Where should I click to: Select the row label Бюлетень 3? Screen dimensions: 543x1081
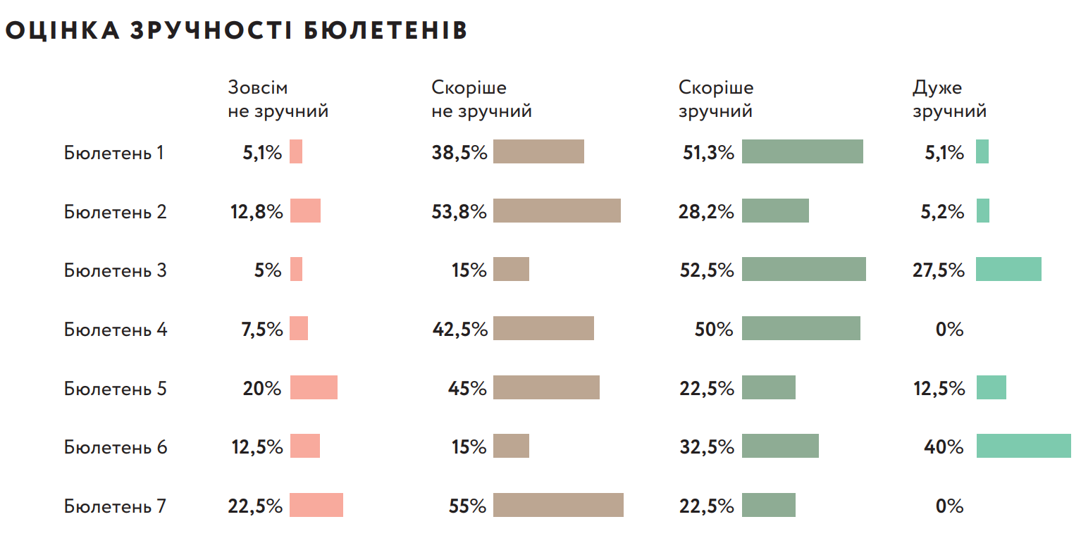pyautogui.click(x=116, y=270)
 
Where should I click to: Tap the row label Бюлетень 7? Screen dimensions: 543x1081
pyautogui.click(x=116, y=506)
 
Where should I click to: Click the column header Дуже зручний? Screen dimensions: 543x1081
pyautogui.click(x=949, y=100)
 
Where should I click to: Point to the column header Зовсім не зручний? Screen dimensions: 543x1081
pyautogui.click(x=278, y=100)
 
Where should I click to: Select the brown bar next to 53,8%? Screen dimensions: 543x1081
pyautogui.click(x=557, y=211)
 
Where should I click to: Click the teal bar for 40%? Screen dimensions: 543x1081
pyautogui.click(x=1023, y=446)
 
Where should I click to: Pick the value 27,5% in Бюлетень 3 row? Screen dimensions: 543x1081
pyautogui.click(x=939, y=270)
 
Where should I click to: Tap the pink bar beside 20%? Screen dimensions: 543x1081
pyautogui.click(x=314, y=387)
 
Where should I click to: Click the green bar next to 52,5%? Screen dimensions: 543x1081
pyautogui.click(x=803, y=269)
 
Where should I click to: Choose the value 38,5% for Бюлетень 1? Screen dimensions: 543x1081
pyautogui.click(x=459, y=153)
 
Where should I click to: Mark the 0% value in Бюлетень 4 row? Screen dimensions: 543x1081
pyautogui.click(x=949, y=330)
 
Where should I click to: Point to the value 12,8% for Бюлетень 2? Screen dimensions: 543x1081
pyautogui.click(x=257, y=212)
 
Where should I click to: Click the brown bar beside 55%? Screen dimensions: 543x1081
pyautogui.click(x=558, y=505)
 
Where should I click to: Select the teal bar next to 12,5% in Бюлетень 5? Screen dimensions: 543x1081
pyautogui.click(x=991, y=387)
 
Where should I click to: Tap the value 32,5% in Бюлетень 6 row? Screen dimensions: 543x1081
pyautogui.click(x=707, y=447)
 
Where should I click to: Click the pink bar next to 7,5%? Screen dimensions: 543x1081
pyautogui.click(x=299, y=328)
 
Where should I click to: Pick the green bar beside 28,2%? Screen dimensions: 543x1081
pyautogui.click(x=775, y=211)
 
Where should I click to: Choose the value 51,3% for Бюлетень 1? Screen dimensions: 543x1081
pyautogui.click(x=707, y=153)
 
